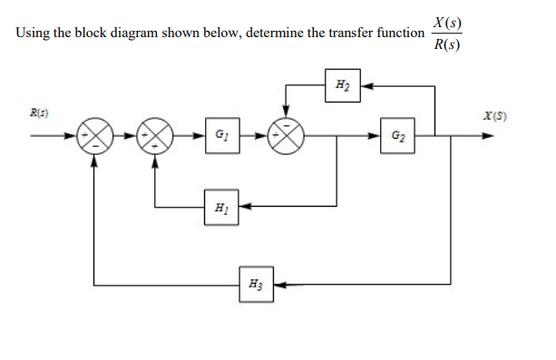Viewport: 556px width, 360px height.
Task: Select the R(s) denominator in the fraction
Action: [445, 45]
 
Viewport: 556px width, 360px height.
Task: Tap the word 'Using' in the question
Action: [34, 34]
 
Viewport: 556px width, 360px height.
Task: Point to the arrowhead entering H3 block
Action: [278, 286]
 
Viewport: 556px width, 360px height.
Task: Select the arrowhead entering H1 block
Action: [244, 207]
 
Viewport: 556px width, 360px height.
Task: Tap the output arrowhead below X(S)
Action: [489, 138]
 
